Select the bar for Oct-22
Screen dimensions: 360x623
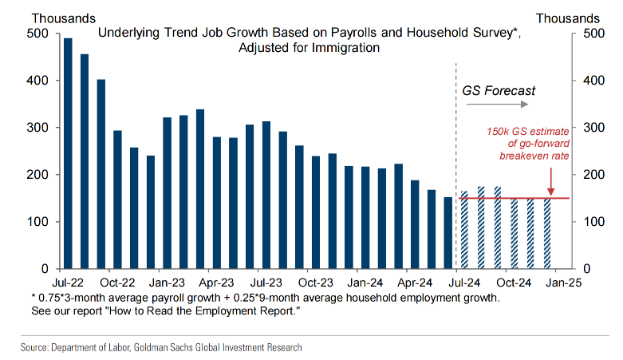pos(117,200)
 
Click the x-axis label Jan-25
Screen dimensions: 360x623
pos(562,282)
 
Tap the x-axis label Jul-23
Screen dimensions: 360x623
pos(266,282)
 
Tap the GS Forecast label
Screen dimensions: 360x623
pos(499,90)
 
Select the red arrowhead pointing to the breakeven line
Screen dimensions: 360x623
pos(550,192)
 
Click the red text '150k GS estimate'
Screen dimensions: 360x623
pos(527,131)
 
